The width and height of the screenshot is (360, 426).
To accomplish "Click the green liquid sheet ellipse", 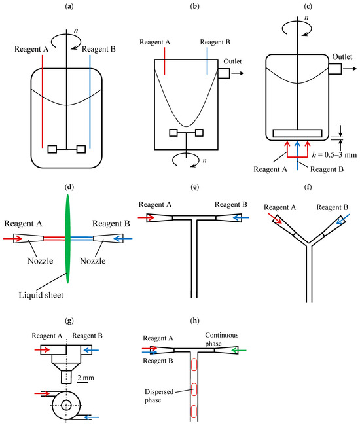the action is (x=67, y=239).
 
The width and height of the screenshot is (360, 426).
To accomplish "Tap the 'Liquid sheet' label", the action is (x=41, y=295).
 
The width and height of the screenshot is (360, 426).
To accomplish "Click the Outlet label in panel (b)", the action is (x=232, y=62).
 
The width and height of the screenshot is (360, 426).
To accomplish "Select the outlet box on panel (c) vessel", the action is (x=335, y=69).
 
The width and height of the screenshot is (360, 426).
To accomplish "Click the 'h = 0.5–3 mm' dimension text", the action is (x=334, y=155).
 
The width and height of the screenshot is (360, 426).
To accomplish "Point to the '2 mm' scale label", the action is (x=86, y=378).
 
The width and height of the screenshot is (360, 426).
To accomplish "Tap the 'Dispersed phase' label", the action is (x=159, y=396).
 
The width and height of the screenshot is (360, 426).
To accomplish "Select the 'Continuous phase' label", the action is (x=222, y=339).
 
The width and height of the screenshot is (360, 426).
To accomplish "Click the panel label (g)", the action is (x=69, y=321).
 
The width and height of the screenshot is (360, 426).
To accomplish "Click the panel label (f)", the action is (x=308, y=187).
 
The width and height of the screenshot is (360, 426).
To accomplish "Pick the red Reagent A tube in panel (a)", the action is (x=43, y=101).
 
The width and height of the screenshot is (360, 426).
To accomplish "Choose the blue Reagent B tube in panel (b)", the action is (x=207, y=61).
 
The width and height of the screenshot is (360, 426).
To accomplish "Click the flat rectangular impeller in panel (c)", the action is (x=297, y=133).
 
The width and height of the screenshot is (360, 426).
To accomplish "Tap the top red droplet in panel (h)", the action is (x=194, y=364).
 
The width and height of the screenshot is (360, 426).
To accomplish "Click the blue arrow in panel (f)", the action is (x=343, y=219).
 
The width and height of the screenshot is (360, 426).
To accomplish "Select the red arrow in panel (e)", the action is (x=147, y=218).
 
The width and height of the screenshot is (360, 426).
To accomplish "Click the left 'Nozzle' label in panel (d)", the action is (x=40, y=261).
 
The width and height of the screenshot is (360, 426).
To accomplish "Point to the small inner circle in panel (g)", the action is (x=66, y=405).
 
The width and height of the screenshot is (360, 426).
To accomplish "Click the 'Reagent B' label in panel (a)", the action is (x=99, y=49).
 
